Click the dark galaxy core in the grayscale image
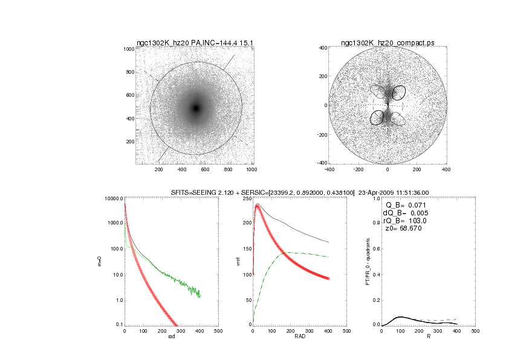196,108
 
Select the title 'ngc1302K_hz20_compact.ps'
387,42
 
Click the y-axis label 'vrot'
238,262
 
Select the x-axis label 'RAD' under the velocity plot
299,337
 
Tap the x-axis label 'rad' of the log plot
171,337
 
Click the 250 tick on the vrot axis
247,198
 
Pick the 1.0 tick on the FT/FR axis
375,198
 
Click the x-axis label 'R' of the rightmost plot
428,337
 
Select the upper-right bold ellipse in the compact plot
399,93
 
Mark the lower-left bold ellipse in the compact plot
377,117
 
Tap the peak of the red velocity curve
258,205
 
